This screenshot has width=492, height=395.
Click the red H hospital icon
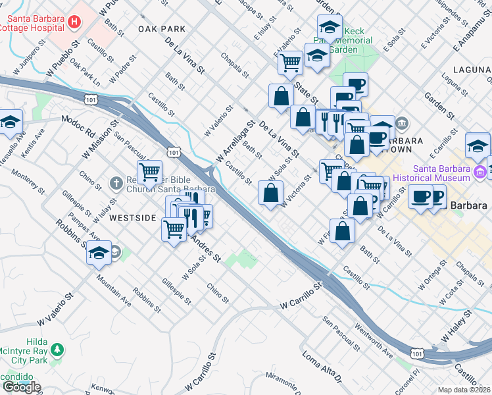point(74,22)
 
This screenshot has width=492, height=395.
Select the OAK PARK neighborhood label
point(162,29)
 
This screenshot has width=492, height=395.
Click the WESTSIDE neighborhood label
point(132,217)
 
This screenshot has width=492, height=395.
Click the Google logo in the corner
point(21,387)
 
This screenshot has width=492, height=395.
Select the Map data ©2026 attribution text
point(464,390)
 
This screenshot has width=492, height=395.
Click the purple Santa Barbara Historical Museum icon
point(480,173)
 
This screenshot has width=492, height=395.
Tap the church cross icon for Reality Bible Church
point(116,183)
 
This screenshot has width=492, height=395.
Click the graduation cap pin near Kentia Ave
point(10,122)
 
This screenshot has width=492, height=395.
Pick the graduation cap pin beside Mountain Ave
point(99,252)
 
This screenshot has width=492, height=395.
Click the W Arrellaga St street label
point(234,142)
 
